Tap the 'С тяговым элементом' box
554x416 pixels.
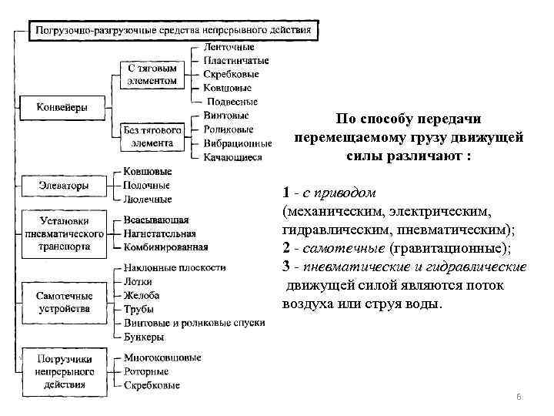click(152, 74)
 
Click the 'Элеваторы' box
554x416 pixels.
click(64, 186)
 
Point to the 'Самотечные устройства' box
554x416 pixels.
click(64, 302)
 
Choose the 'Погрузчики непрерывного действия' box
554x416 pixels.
click(64, 371)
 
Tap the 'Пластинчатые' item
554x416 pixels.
click(237, 61)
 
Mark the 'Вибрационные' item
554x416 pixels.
click(238, 143)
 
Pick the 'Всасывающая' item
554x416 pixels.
click(157, 220)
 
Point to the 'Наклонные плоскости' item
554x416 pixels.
click(175, 267)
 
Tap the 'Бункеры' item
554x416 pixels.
click(144, 337)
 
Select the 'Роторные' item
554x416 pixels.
click(146, 371)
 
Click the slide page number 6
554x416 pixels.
click(519, 397)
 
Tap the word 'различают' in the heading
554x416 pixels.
click(428, 155)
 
